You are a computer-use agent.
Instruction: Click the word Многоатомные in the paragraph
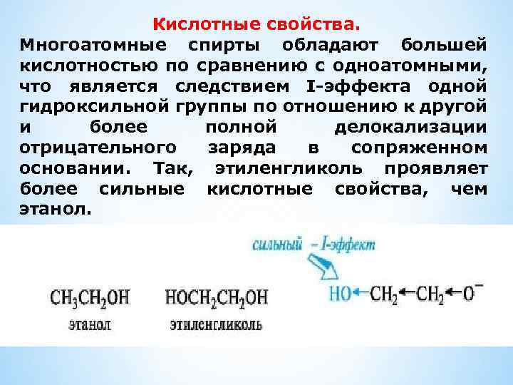pos(94,46)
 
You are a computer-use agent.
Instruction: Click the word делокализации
pos(410,129)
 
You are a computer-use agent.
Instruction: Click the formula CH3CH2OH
pos(90,297)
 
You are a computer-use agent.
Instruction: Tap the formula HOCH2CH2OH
pos(217,297)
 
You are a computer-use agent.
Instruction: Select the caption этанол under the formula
pos(90,324)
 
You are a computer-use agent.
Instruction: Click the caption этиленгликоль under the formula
pos(216,324)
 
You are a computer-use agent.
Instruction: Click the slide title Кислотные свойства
pos(254,26)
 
